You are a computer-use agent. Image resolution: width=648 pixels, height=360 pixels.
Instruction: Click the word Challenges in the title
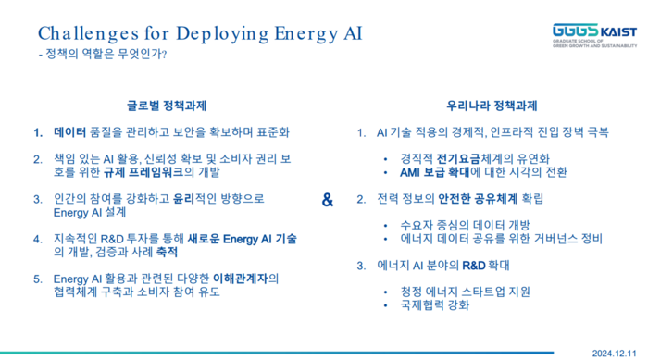tap(89, 34)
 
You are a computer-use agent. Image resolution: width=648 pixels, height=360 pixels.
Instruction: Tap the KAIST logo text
tap(618, 31)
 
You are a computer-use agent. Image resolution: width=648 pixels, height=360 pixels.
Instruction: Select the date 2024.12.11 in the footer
tap(614, 354)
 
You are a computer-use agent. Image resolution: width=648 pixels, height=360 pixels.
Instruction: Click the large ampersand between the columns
tap(328, 200)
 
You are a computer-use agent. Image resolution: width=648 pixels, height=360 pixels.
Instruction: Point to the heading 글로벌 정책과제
tap(167, 106)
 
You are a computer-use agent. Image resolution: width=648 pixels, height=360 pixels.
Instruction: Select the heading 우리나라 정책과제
tap(492, 106)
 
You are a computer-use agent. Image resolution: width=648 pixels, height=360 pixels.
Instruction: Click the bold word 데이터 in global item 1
tap(69, 132)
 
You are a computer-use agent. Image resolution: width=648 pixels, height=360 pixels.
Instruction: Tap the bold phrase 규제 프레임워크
tap(143, 172)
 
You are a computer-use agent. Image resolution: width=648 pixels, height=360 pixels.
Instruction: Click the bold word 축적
tap(167, 252)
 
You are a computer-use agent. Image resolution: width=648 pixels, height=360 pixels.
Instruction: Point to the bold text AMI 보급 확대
tap(435, 172)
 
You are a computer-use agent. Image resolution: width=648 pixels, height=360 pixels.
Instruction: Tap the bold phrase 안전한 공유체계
tap(478, 199)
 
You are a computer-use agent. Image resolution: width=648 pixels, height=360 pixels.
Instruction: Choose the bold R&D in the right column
tap(474, 266)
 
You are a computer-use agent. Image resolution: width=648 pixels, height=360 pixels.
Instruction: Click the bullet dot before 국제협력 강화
tap(386, 305)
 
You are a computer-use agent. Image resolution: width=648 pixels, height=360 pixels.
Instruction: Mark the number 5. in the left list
tap(38, 279)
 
